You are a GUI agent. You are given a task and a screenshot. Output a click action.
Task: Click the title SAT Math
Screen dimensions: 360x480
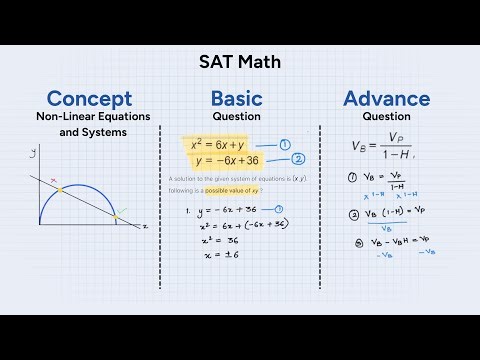click(240, 62)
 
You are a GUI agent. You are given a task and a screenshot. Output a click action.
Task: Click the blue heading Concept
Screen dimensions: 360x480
click(89, 99)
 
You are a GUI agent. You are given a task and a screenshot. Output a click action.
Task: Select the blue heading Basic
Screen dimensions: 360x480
click(237, 99)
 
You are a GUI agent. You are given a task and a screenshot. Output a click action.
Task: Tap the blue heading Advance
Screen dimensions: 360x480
click(387, 99)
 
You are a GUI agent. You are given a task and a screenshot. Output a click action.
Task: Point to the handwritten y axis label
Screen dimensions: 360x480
click(33, 151)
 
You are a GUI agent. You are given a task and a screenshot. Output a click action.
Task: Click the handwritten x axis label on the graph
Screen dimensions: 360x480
click(145, 227)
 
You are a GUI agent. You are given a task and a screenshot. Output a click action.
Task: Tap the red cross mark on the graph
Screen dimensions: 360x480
click(56, 181)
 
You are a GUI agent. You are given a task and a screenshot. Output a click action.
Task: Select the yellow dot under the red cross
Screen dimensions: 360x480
click(58, 189)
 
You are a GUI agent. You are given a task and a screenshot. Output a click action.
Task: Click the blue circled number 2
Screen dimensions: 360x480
click(297, 159)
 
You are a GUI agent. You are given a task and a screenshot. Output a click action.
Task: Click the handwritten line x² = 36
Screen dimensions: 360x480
click(222, 240)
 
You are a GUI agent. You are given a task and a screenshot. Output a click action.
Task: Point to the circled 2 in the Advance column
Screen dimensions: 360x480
click(353, 213)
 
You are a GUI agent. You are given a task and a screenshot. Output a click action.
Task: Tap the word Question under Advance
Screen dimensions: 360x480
click(387, 116)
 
